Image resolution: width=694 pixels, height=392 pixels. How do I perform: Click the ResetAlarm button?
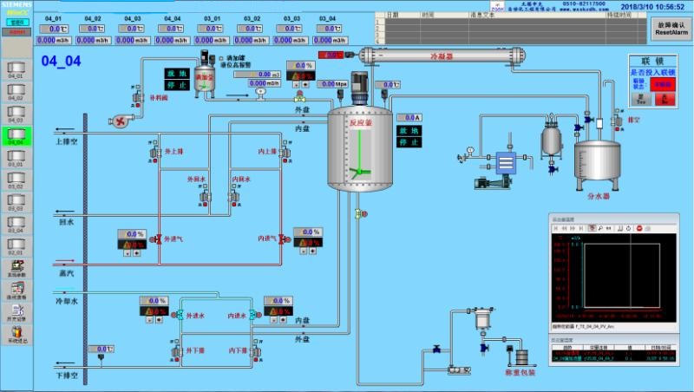671,29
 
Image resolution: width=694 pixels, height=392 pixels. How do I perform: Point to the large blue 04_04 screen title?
61,61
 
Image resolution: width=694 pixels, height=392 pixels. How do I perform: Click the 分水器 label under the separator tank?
599,196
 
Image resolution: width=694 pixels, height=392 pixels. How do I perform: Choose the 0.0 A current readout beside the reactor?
409,117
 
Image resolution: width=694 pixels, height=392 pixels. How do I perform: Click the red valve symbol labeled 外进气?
158,238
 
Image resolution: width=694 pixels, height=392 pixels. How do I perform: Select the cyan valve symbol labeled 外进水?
179,315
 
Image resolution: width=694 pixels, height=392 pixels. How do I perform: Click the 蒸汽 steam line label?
67,272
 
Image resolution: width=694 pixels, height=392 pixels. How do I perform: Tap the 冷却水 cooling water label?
67,300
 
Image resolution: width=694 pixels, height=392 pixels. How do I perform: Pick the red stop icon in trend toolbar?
638,227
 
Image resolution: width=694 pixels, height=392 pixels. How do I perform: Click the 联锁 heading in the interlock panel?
653,61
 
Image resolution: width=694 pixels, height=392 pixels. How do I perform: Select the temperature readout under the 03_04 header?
332,29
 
